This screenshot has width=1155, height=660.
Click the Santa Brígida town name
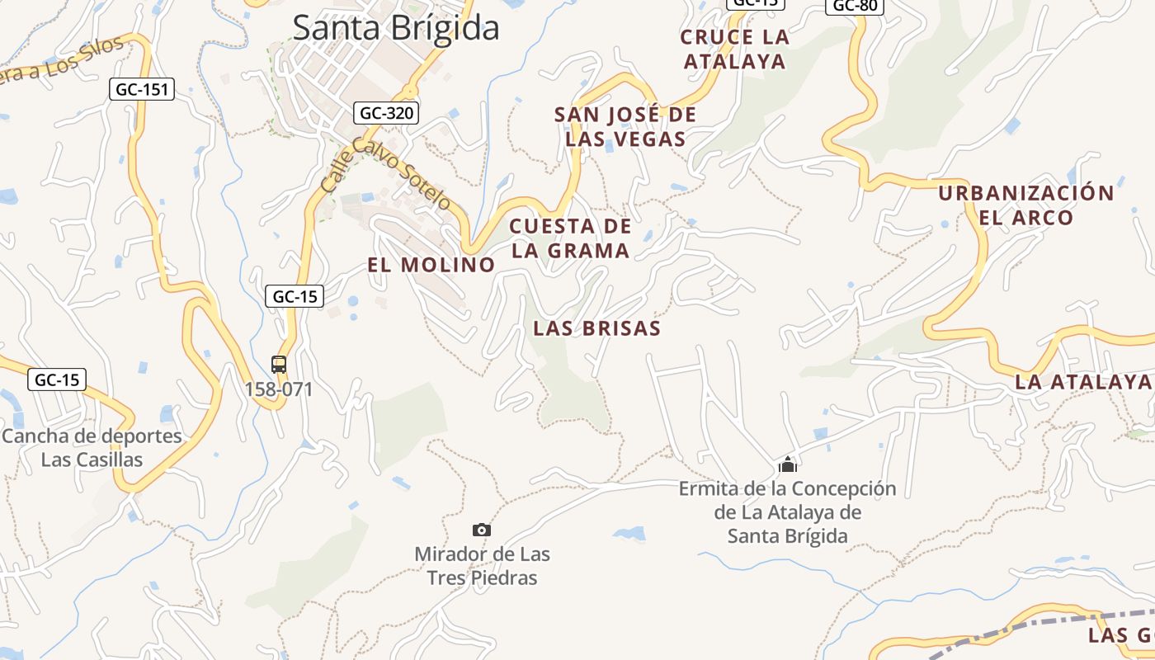click(x=396, y=27)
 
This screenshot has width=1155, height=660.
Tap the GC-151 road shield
click(x=142, y=89)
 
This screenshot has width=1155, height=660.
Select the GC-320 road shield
click(x=386, y=113)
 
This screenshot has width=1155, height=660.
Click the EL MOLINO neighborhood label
click(x=431, y=265)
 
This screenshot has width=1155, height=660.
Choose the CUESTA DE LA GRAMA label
click(x=570, y=238)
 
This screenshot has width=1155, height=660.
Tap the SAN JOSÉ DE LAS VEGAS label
click(x=625, y=126)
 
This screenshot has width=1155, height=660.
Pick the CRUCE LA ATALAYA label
click(x=734, y=49)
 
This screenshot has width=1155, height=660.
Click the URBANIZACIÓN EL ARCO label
click(x=1025, y=205)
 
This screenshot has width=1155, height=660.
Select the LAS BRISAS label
click(x=596, y=328)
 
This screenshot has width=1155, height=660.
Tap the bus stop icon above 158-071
click(x=279, y=364)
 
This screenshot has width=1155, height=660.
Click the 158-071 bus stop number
click(x=279, y=389)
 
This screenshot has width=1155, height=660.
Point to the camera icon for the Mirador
click(x=482, y=530)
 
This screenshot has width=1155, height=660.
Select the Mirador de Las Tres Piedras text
click(x=482, y=565)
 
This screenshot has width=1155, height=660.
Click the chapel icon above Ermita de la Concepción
click(x=788, y=464)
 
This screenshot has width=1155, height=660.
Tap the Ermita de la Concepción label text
click(x=787, y=511)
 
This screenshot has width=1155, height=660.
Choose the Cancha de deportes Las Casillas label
click(x=92, y=447)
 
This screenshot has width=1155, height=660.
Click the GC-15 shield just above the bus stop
click(x=295, y=296)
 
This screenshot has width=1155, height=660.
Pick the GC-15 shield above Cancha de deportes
click(x=57, y=379)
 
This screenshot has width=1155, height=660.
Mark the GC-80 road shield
click(x=855, y=6)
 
